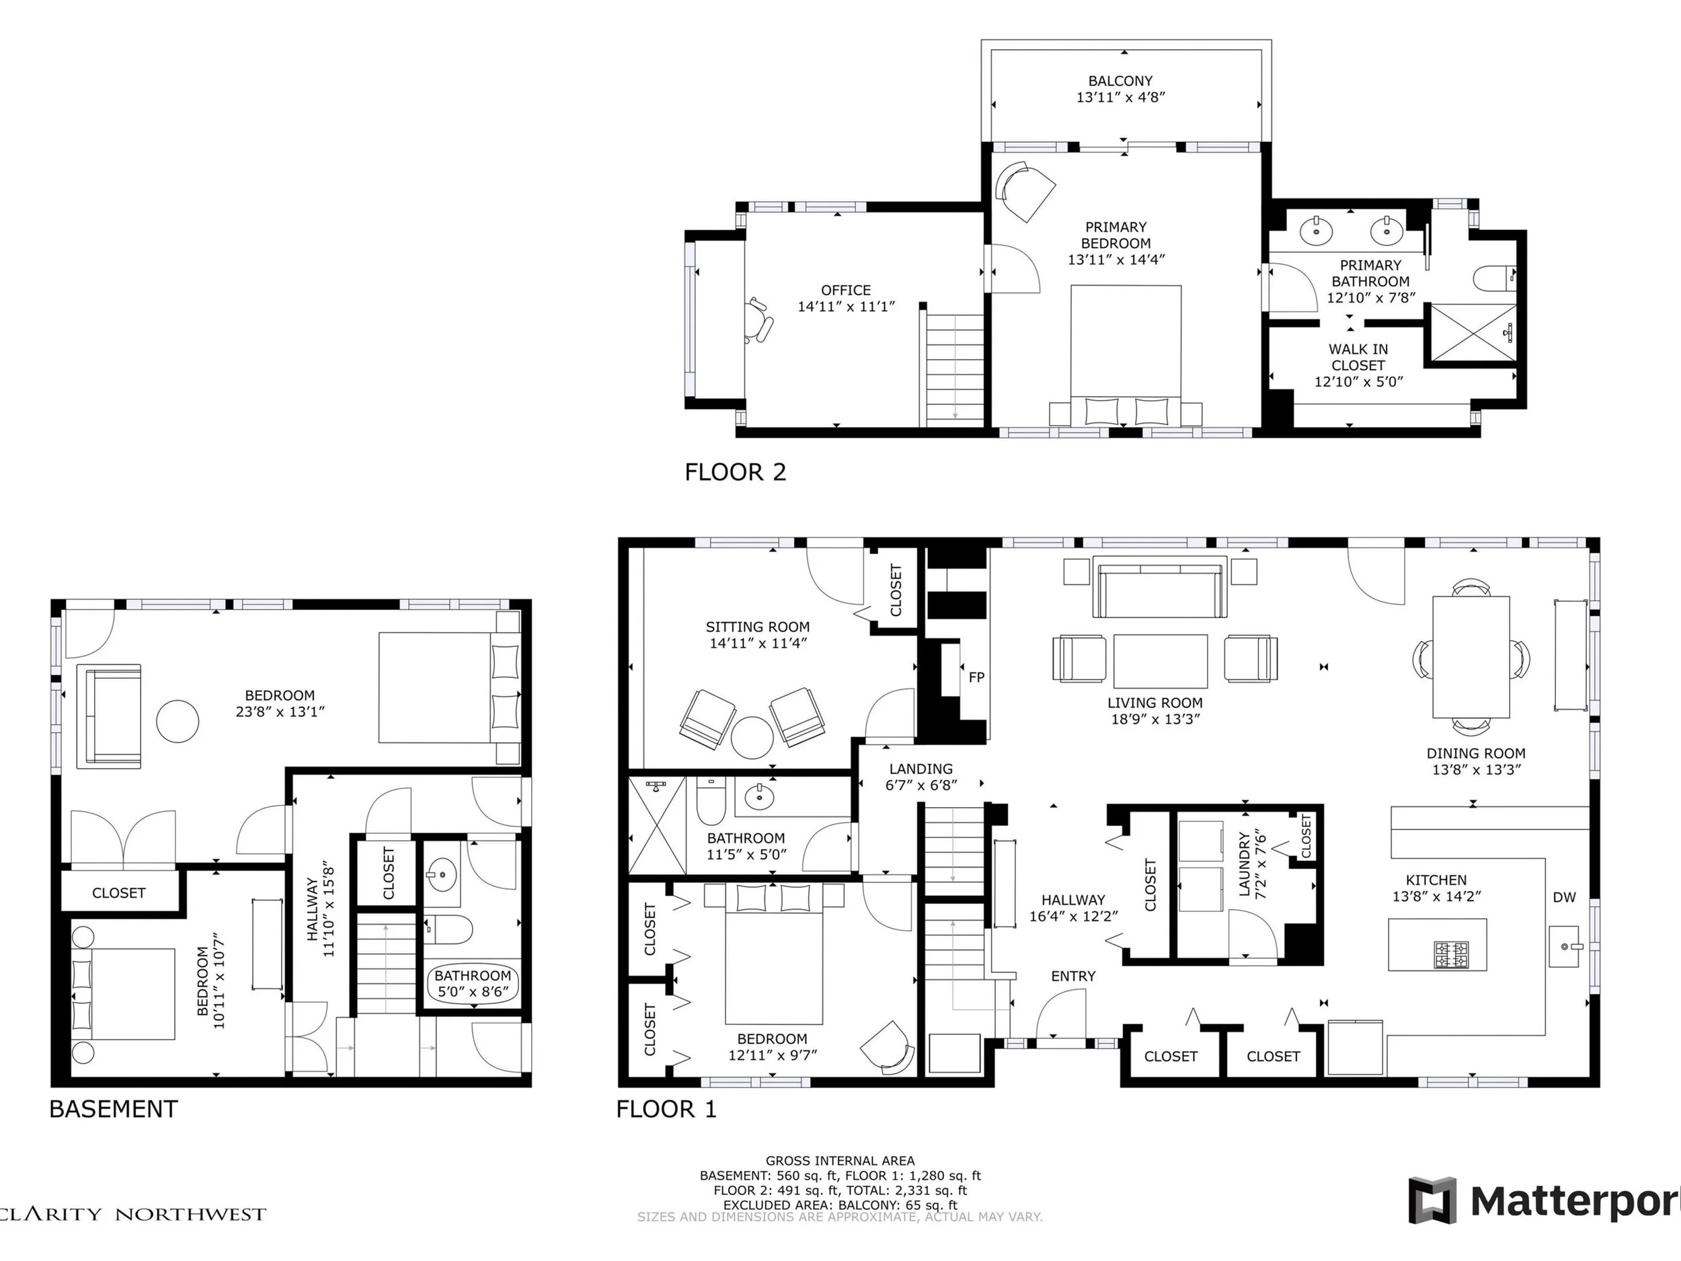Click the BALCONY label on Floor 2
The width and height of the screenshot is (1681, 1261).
1120,81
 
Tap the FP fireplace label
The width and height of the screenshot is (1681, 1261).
976,677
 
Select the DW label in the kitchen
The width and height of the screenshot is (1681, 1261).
1564,897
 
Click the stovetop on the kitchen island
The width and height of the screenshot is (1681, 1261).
1452,955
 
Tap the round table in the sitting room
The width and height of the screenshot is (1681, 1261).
752,736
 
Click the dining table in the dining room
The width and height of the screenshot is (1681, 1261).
1471,656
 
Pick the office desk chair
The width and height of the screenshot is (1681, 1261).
759,321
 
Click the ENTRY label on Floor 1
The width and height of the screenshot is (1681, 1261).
1073,976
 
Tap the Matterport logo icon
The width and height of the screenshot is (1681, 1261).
1432,1200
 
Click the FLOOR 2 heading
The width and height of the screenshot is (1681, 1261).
735,472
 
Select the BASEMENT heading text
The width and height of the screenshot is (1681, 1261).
113,1109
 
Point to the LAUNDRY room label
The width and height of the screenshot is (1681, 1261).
1244,864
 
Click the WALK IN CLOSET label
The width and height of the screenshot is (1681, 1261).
1358,357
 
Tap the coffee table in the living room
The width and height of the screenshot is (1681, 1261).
1161,661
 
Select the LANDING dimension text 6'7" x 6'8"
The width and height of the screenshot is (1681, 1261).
921,785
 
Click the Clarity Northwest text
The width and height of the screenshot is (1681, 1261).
133,1214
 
